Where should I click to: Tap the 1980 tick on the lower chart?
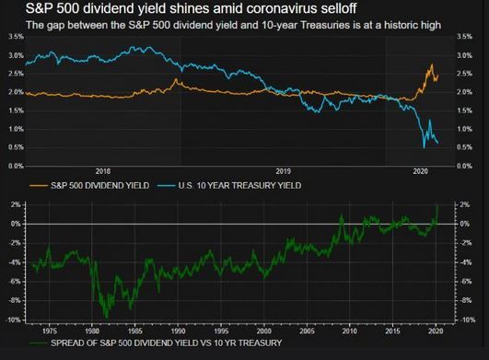[x=91, y=329]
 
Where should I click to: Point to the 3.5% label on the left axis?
[x=15, y=36]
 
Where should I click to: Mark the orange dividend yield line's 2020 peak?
[x=431, y=65]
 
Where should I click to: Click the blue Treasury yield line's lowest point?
[x=424, y=146]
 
